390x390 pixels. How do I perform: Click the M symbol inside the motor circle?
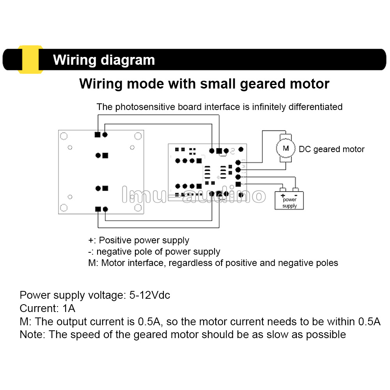point(286,148)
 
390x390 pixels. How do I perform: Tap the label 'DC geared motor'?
point(331,149)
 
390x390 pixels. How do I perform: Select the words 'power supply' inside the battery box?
point(289,203)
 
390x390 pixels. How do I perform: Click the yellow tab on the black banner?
point(30,59)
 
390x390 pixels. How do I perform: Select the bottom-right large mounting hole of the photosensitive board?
point(137,207)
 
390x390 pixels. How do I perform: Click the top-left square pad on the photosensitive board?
point(97,135)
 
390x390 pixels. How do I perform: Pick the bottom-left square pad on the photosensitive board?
point(97,209)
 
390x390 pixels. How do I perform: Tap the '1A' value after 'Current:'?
point(69,308)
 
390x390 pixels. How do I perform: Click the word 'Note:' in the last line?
point(33,335)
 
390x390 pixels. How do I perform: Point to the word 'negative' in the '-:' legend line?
point(113,252)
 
